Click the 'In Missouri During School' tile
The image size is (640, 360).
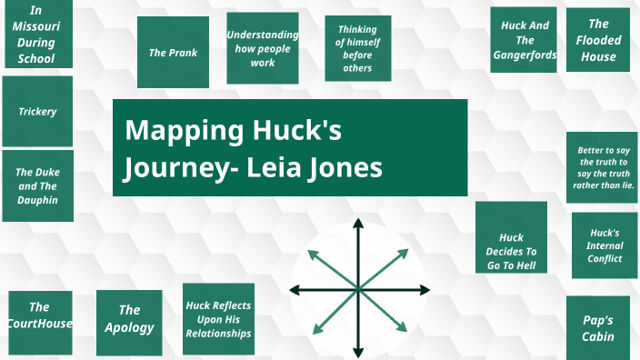pos(36,35)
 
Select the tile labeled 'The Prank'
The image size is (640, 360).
pos(173,52)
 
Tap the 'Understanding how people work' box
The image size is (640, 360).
pos(263,48)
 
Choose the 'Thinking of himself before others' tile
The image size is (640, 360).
pos(358,48)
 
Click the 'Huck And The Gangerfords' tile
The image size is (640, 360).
pos(524,40)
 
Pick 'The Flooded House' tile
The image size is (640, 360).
pos(598,40)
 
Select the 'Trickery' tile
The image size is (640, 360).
pos(37,112)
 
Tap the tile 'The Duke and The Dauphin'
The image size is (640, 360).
pos(37,186)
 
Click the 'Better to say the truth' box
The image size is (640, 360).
pos(605,166)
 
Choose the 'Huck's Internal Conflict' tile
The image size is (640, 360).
pos(605,245)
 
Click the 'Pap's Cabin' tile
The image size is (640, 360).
pos(598,327)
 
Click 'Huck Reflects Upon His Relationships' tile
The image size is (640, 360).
pos(218,319)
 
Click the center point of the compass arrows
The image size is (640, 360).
pos(358,289)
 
